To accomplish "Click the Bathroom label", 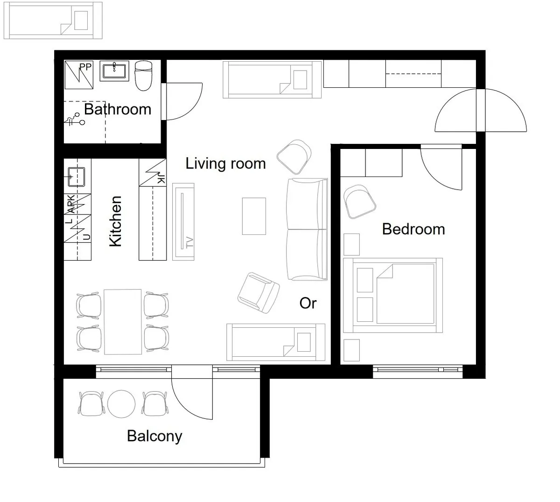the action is [x=118, y=109].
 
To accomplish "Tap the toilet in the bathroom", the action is [x=143, y=76].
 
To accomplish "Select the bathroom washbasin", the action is [x=114, y=71].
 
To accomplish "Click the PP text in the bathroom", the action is [x=85, y=67].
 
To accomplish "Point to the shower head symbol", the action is [x=75, y=119].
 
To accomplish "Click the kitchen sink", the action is [x=76, y=177].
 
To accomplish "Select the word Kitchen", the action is [x=115, y=221].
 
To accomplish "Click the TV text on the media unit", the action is [x=189, y=242].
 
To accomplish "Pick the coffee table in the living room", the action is [x=254, y=216].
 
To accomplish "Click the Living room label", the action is [x=225, y=163].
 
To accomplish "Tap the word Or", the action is [x=308, y=303].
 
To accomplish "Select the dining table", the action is [x=123, y=322].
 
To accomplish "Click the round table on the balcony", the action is [x=121, y=404].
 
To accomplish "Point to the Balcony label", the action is [x=154, y=436].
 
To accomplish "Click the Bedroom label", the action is [x=413, y=229].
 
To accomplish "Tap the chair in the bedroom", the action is [x=359, y=202].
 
